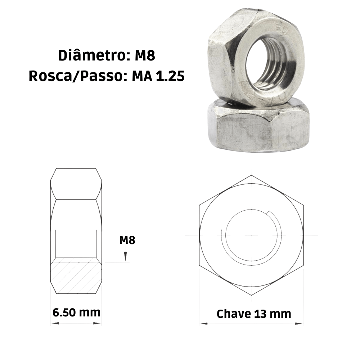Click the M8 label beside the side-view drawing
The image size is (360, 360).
tap(127, 240)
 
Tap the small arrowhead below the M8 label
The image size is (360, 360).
tap(125, 256)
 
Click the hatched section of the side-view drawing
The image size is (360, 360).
tap(76, 275)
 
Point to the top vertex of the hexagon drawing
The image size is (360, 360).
tap(251, 175)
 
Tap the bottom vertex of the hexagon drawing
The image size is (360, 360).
tap(251, 296)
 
